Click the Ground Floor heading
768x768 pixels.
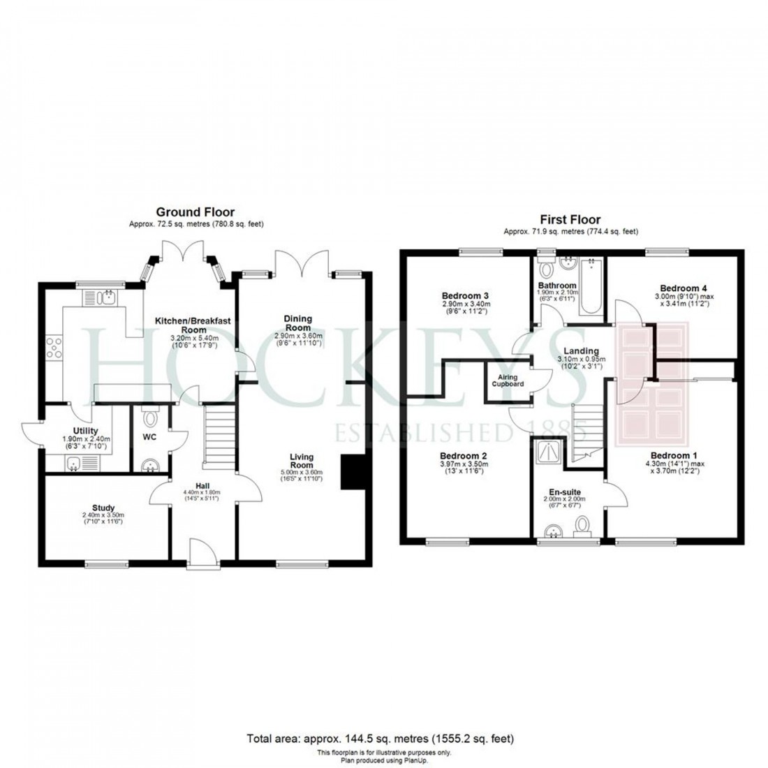click(195, 212)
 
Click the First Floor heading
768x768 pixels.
click(570, 219)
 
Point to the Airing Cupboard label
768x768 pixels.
click(506, 381)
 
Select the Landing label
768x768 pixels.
click(582, 350)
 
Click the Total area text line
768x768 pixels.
click(382, 738)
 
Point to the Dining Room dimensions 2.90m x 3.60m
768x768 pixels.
click(297, 336)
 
